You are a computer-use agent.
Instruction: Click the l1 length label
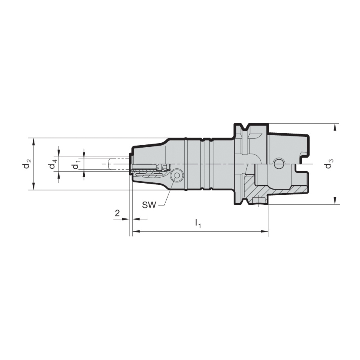(x=198, y=223)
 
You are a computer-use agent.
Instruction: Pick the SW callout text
(x=149, y=205)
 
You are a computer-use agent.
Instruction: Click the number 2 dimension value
(x=117, y=213)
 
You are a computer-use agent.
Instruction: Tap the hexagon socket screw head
(x=177, y=176)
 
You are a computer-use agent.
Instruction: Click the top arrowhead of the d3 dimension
(x=336, y=128)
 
